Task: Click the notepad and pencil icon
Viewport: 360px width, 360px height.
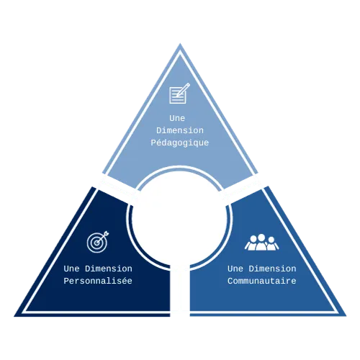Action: pyautogui.click(x=179, y=94)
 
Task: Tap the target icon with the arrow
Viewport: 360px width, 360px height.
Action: pyautogui.click(x=98, y=242)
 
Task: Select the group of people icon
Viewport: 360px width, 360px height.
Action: pyautogui.click(x=261, y=243)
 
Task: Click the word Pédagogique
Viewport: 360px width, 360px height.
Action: pyautogui.click(x=180, y=143)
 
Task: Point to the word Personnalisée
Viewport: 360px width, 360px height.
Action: pyautogui.click(x=98, y=281)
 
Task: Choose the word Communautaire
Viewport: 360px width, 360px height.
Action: pyautogui.click(x=262, y=281)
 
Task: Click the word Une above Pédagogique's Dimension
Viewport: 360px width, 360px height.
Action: pyautogui.click(x=177, y=118)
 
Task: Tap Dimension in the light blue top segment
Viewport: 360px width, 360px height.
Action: pyautogui.click(x=180, y=130)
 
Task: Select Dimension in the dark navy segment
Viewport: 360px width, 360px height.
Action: pyautogui.click(x=109, y=269)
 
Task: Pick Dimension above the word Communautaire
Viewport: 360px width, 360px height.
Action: pyautogui.click(x=272, y=269)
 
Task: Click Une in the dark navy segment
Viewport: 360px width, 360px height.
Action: pyautogui.click(x=71, y=269)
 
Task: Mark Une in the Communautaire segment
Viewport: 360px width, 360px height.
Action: pyautogui.click(x=235, y=269)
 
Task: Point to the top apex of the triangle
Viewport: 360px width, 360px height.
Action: pyautogui.click(x=180, y=43)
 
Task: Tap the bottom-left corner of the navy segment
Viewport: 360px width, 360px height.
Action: pyautogui.click(x=14, y=316)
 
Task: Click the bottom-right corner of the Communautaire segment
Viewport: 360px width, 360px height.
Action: pyautogui.click(x=346, y=316)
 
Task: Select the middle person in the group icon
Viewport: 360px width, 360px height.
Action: pyautogui.click(x=261, y=243)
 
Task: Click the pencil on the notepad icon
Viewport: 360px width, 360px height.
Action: pyautogui.click(x=183, y=90)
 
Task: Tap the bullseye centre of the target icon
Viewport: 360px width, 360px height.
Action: pyautogui.click(x=96, y=243)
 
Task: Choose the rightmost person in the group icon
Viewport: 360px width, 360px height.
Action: pyautogui.click(x=272, y=244)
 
